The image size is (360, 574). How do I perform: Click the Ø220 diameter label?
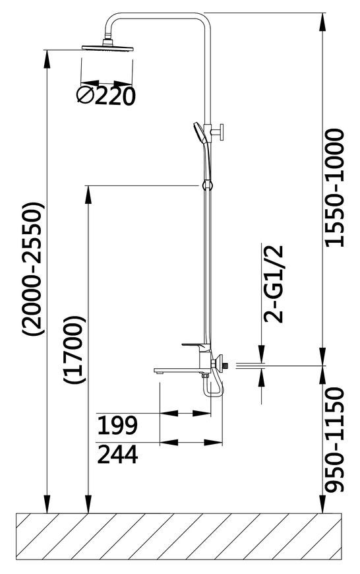click(106, 96)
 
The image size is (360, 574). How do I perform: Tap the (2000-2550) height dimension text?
click(33, 269)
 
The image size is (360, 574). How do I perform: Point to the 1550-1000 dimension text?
click(335, 187)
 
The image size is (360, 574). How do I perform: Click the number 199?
click(117, 425)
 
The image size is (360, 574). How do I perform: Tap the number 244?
click(118, 455)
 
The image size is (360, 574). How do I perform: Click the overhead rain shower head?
click(107, 47)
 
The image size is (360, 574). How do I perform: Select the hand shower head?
click(199, 133)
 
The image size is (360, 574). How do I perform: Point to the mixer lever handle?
click(195, 345)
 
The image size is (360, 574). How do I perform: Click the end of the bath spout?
click(158, 371)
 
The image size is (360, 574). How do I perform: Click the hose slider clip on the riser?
click(206, 185)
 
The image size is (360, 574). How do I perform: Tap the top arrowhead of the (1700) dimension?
click(88, 194)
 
